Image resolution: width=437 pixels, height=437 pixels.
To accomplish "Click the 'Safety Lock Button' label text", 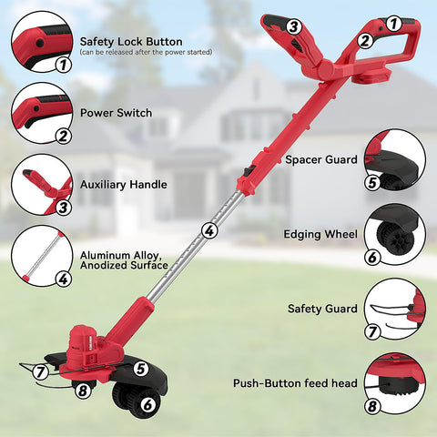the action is coord(131,42).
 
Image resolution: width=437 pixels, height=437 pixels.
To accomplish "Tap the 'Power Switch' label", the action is coord(116,113).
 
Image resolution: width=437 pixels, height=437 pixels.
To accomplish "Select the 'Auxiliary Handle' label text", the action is coord(124,185).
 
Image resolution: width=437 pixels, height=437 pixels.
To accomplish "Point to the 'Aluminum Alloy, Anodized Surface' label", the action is coord(124,260).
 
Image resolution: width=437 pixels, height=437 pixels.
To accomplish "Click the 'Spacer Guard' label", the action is coord(321,159).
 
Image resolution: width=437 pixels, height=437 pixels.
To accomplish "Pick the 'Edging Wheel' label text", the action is coord(320,234).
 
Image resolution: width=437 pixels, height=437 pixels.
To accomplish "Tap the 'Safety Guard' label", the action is coord(322,309).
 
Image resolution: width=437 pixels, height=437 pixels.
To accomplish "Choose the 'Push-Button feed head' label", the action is coord(295,383).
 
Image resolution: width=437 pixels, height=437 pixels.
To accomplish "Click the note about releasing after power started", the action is coord(146,52).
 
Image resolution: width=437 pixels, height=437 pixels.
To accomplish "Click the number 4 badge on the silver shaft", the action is coord(209,231).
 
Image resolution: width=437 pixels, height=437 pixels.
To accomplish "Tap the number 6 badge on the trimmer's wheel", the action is coord(147,404).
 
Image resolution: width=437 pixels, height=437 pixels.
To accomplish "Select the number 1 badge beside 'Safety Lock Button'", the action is coord(63,65).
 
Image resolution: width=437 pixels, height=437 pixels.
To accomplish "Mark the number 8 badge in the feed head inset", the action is coord(372,406).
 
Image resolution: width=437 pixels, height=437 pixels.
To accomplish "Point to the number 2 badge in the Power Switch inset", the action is coord(63,136).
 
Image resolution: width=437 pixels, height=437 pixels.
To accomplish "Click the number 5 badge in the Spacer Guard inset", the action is coord(372,183).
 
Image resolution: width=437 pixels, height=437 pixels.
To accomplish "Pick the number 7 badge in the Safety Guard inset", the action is coord(372,331).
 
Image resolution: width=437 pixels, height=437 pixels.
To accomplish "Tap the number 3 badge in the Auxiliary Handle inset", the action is coord(63,208).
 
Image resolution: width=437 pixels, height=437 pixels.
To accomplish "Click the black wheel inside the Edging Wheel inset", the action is coord(395,239).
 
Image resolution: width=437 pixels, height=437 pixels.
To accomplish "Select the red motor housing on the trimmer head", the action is coord(83,343).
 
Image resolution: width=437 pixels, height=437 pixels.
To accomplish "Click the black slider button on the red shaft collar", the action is coord(249,171).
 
